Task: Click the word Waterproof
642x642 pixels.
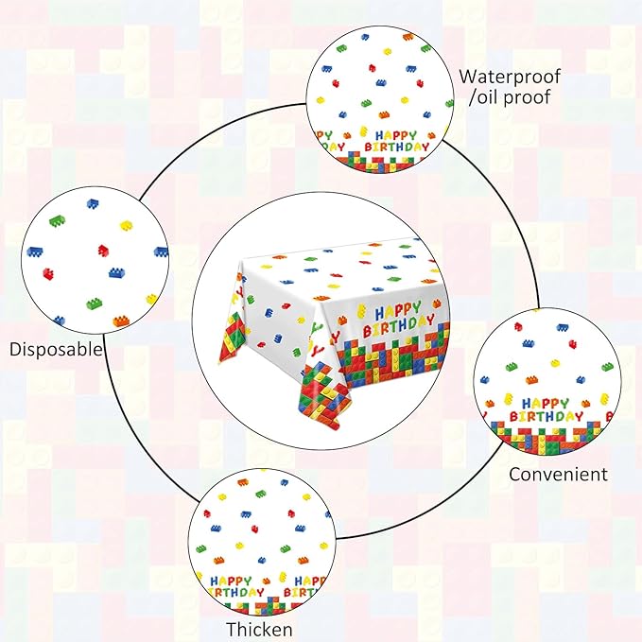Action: pos(510,77)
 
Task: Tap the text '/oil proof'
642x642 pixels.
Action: pos(509,97)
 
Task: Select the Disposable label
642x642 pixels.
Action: pos(56,349)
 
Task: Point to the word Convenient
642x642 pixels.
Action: pos(558,474)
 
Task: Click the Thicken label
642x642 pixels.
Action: pos(259,630)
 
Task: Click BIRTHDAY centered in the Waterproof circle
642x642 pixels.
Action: pos(397,147)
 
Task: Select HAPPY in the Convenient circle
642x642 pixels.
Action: pos(546,404)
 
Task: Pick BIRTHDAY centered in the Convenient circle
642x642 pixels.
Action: pos(547,417)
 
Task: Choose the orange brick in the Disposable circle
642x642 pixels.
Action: pos(121,321)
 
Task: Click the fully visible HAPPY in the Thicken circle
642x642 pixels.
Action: pos(231,581)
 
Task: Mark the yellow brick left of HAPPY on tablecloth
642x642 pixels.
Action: pos(361,311)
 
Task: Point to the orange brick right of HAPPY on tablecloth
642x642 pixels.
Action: pos(437,304)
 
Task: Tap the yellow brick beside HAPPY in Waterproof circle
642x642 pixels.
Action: pos(363,131)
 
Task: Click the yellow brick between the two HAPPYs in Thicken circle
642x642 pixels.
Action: pos(282,578)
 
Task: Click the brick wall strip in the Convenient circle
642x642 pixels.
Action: pos(548,438)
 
